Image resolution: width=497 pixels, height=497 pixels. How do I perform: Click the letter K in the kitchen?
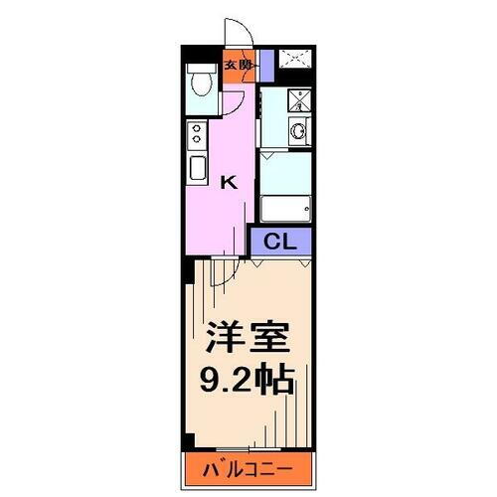[x=228, y=182]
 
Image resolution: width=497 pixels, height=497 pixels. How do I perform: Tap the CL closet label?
[x=281, y=240]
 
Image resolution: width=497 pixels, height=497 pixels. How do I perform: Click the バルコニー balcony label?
[x=248, y=466]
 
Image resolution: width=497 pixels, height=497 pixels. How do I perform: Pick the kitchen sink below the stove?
[x=196, y=168]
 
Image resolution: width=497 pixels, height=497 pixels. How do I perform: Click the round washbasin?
[x=296, y=130]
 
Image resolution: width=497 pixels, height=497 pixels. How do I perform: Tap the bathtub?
[x=286, y=206]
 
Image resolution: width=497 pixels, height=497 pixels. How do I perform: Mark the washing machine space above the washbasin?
[x=296, y=100]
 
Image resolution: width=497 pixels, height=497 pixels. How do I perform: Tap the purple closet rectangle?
[x=281, y=240]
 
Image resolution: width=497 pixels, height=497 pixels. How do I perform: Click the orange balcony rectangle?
[x=248, y=466]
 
